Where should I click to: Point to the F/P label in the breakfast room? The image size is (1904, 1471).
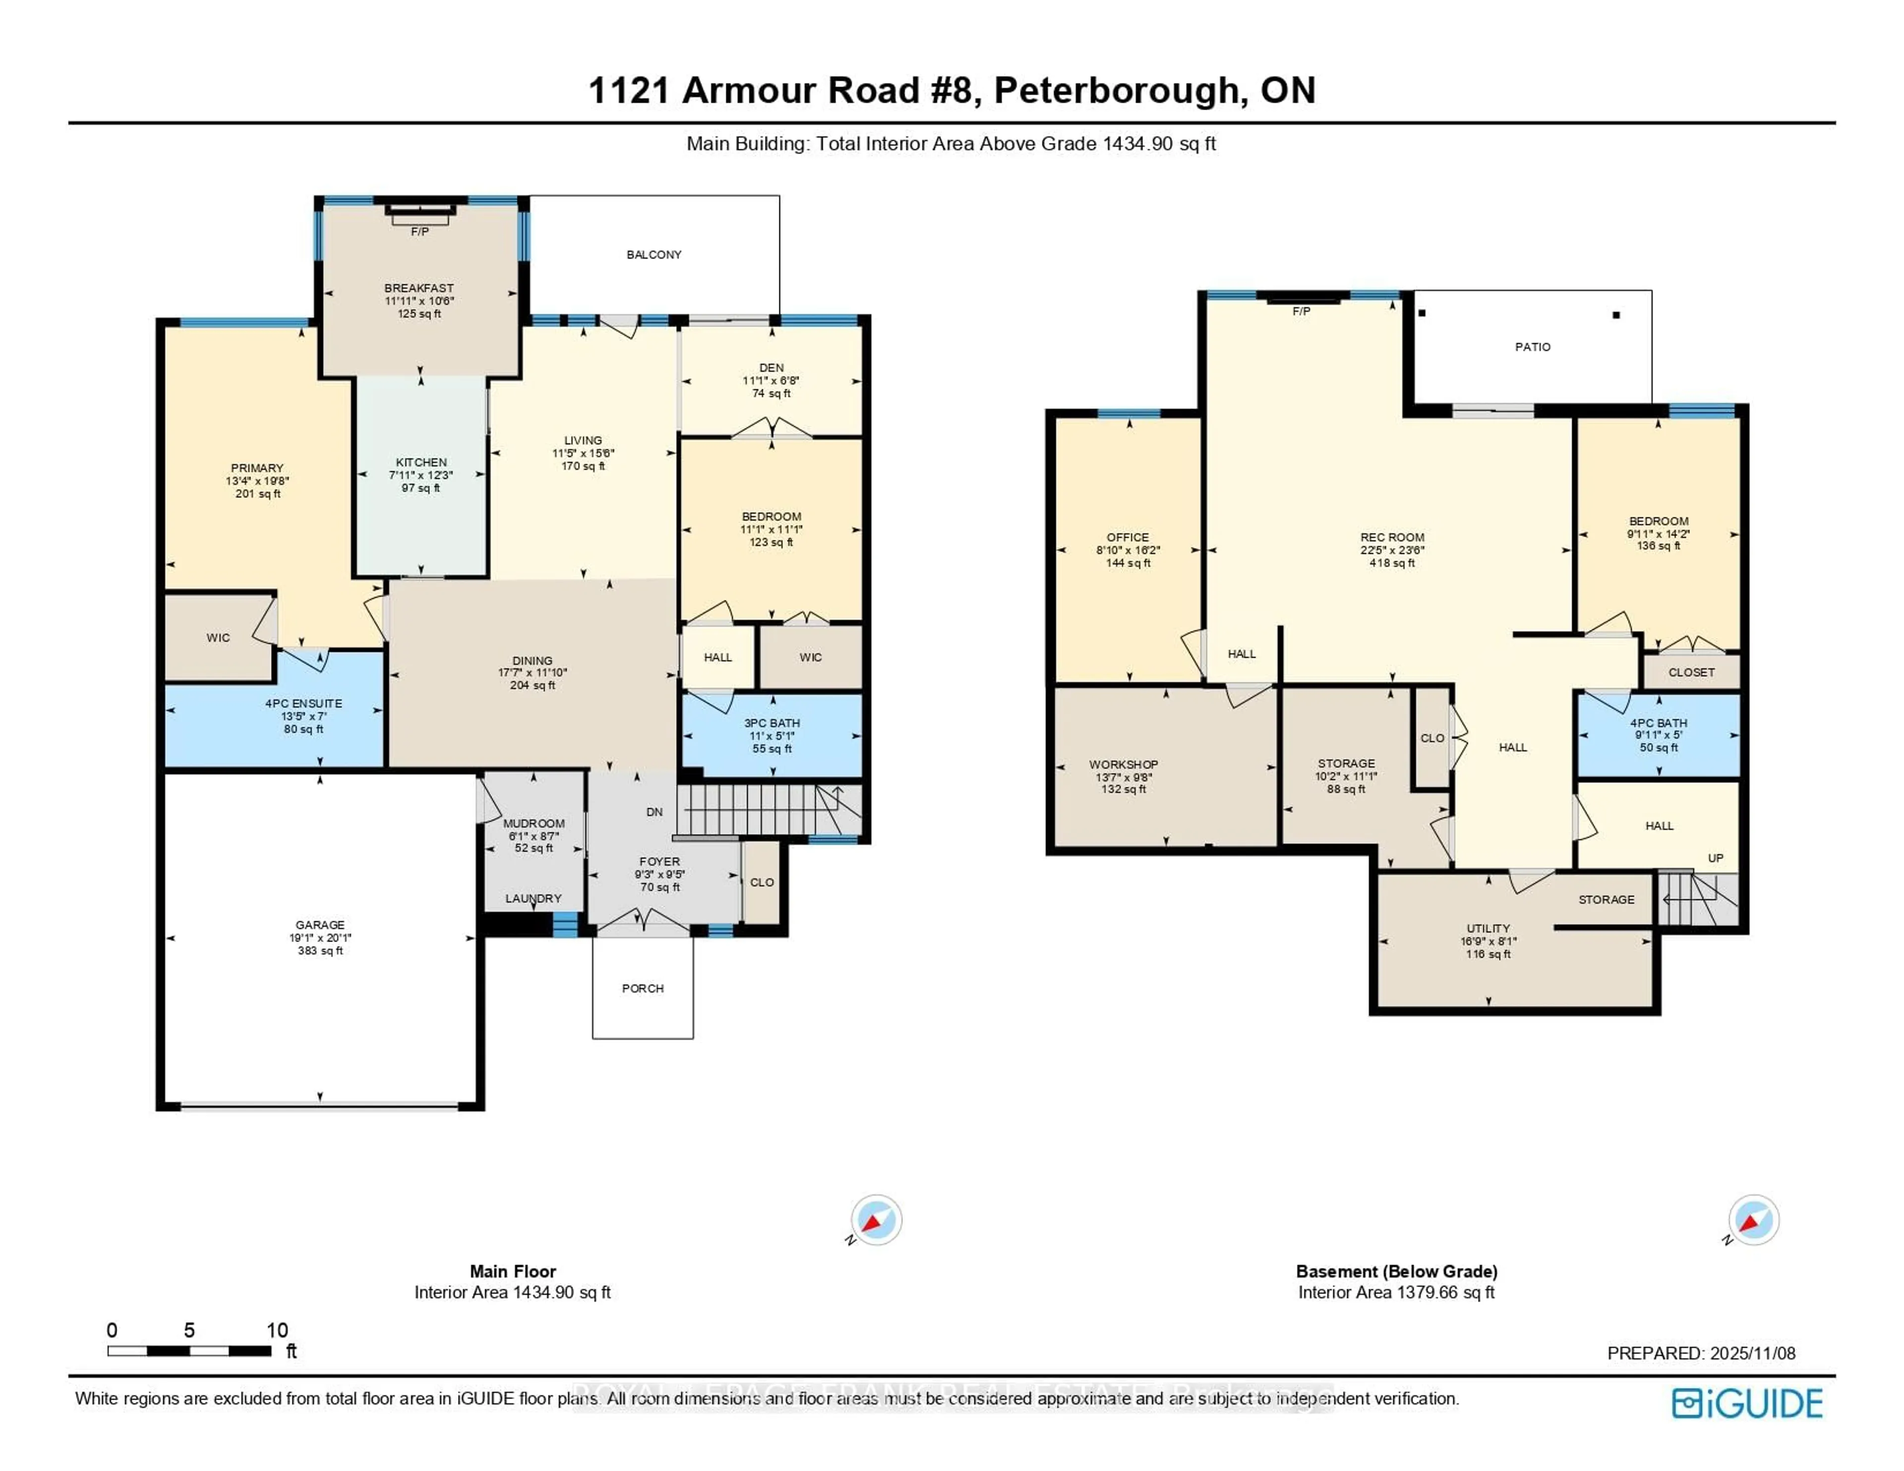(419, 232)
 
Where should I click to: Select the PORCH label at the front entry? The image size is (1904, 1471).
(643, 988)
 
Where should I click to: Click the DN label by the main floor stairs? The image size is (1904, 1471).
(654, 812)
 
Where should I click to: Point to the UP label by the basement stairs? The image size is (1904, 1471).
(1715, 858)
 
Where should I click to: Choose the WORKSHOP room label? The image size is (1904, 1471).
(1123, 765)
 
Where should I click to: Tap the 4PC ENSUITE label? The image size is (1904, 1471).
(303, 704)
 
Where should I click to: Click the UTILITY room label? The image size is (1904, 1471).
(1487, 929)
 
